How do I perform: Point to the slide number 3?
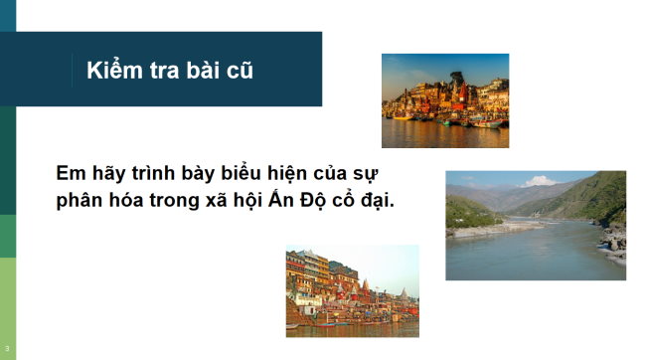pyautogui.click(x=7, y=348)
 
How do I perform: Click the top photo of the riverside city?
pyautogui.click(x=445, y=100)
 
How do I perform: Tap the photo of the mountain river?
pyautogui.click(x=535, y=226)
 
